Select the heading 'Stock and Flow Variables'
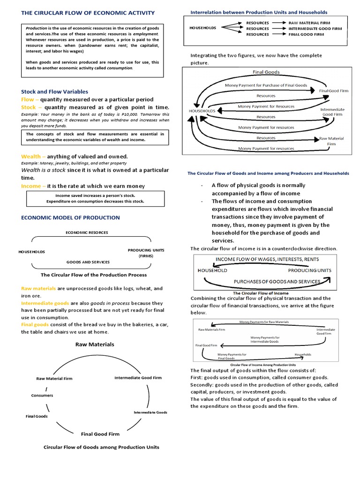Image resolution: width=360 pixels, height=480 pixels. tap(54, 91)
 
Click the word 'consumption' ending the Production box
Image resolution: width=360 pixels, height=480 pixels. tap(119, 67)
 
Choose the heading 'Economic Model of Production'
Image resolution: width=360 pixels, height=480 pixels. tap(70, 217)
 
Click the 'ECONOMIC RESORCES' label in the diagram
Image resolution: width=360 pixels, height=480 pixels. tap(87, 232)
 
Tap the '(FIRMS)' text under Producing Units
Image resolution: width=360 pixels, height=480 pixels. tap(146, 256)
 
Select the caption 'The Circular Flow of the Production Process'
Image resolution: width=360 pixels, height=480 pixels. tap(94, 275)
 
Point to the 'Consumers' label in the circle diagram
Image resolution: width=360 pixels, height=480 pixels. tap(42, 395)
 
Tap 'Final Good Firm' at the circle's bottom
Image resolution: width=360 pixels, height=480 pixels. tap(100, 434)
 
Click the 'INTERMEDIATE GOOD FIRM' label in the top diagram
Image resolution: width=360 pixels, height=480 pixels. tap(315, 28)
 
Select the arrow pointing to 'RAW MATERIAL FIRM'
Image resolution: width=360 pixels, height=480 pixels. tap(279, 22)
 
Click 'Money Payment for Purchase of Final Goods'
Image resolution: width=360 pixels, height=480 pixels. tap(266, 85)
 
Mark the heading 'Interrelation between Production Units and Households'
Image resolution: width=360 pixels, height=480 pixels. tap(259, 12)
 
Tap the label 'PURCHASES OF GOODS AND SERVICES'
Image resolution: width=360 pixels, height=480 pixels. tap(277, 281)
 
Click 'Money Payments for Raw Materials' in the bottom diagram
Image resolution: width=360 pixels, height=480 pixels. tap(264, 322)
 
